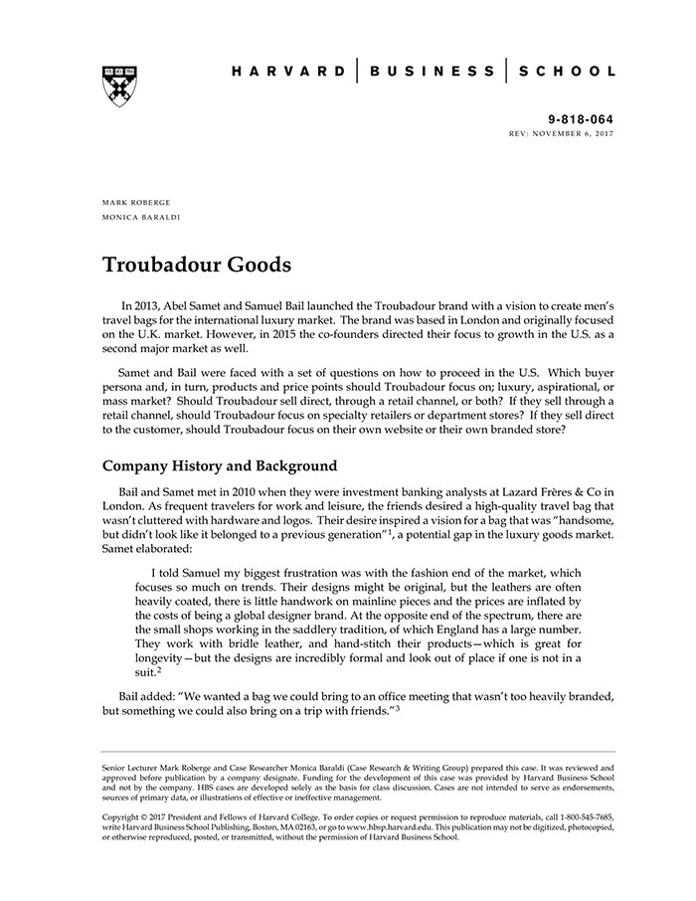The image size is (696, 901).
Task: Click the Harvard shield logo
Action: (x=119, y=86)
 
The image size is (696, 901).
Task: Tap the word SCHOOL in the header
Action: (x=567, y=72)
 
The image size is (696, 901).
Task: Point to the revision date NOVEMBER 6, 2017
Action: (x=576, y=132)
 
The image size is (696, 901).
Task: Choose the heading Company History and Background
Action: (x=220, y=465)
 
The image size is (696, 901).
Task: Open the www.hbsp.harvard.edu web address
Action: (x=392, y=826)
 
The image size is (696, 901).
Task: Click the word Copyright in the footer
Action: (x=122, y=816)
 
